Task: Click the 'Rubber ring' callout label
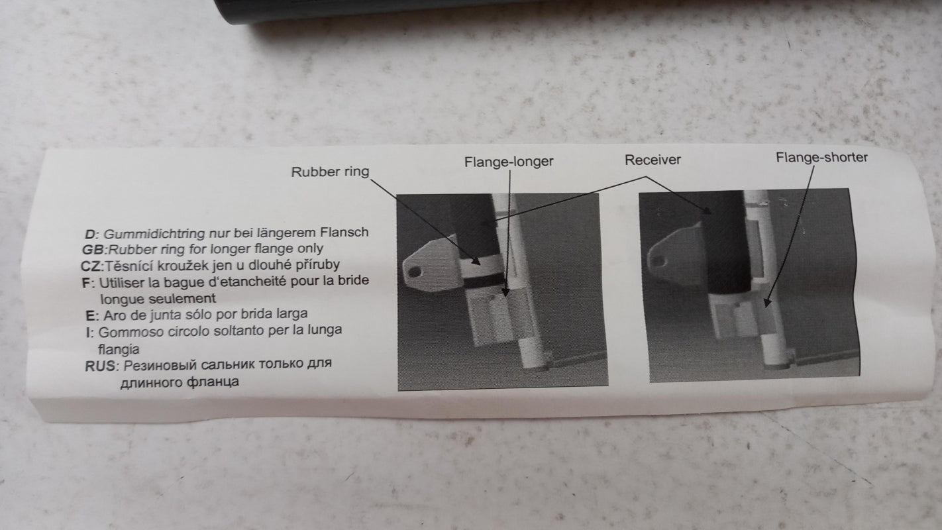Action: coord(330,172)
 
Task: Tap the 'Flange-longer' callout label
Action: coord(508,162)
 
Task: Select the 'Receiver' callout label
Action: coord(653,160)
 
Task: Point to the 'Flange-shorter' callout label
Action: coord(821,158)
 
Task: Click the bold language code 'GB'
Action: coord(93,250)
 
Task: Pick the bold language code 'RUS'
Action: coord(99,366)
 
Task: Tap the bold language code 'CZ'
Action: coord(91,266)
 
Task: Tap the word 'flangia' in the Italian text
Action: coord(119,349)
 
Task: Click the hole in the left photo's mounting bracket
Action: coord(415,272)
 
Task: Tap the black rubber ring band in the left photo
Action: coord(484,281)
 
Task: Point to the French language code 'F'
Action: coord(87,283)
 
